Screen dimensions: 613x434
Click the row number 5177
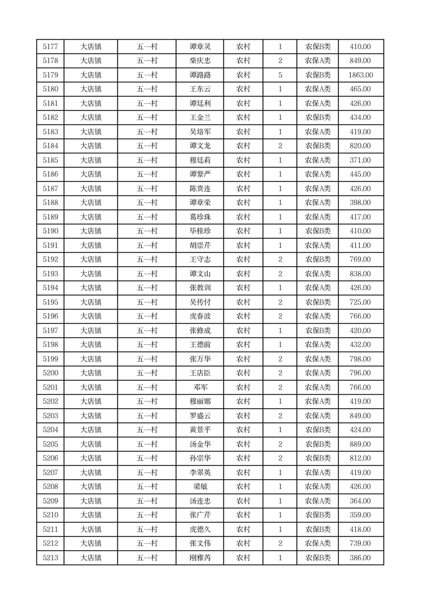coord(50,46)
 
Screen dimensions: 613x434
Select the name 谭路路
coord(200,75)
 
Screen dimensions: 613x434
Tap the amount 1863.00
coord(361,75)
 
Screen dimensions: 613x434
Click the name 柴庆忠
coord(200,61)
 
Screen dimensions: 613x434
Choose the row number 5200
coord(50,373)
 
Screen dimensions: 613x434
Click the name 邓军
coord(200,387)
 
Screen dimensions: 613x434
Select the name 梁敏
coord(200,487)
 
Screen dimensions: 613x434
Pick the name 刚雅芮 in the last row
coord(200,558)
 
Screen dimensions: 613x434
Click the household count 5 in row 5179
coord(280,75)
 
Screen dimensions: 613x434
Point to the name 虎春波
coord(200,316)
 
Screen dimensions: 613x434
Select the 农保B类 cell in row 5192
coord(318,260)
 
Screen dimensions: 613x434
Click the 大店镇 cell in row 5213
coord(91,558)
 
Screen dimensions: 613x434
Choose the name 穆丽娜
coord(200,402)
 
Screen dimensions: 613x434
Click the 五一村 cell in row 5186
coord(147,174)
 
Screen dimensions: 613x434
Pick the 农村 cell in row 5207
coord(243,473)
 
